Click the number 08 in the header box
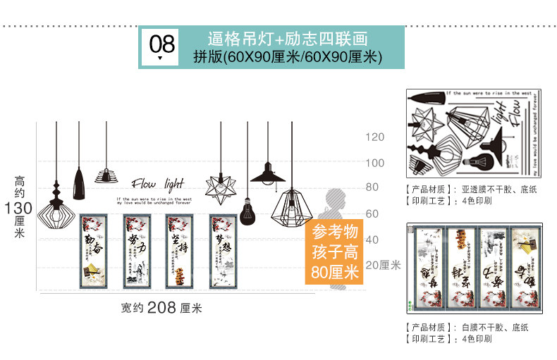(x=161, y=44)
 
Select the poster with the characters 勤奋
(x=94, y=252)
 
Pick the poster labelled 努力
(x=137, y=252)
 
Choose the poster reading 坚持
(x=179, y=252)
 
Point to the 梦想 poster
(x=222, y=252)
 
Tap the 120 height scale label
(x=374, y=137)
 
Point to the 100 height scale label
(x=374, y=163)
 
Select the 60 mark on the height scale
(x=372, y=213)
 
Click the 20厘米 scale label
(x=383, y=265)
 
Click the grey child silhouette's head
(x=333, y=196)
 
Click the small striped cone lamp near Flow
(x=105, y=175)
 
